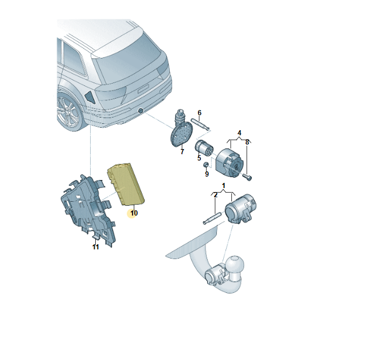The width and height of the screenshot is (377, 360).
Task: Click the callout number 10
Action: tap(134, 213)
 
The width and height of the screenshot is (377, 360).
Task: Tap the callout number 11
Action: tap(96, 246)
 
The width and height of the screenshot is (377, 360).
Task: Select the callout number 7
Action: tap(182, 151)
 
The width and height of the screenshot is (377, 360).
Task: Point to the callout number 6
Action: tap(199, 112)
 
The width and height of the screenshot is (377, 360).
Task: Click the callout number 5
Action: tap(199, 158)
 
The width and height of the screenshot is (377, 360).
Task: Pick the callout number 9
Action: tap(207, 174)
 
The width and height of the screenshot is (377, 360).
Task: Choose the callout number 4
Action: tap(239, 133)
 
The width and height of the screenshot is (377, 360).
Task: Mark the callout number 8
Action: tap(247, 142)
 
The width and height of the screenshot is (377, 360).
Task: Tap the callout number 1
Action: tap(224, 186)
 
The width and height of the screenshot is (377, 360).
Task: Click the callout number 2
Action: tap(215, 195)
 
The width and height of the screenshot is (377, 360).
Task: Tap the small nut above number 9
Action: tap(206, 165)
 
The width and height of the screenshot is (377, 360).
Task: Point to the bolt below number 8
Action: tap(248, 177)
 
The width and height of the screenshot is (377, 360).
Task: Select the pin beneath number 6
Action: tap(200, 123)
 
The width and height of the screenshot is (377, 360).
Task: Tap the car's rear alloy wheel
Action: tap(68, 112)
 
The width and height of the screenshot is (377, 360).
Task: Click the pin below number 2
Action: tap(212, 218)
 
